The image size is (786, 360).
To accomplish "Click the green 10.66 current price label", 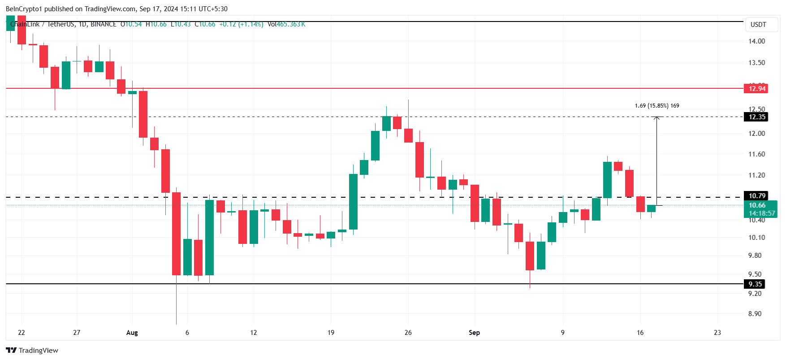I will (757, 205).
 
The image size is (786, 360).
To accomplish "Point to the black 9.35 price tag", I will (755, 284).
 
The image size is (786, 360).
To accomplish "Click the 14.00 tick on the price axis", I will (756, 41).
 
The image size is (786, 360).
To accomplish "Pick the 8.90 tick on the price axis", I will (755, 314).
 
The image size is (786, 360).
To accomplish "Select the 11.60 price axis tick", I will (756, 154).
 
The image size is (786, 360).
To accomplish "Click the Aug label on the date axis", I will (132, 333).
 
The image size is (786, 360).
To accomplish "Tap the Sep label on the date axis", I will (474, 333).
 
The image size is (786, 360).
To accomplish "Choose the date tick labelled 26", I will (408, 333).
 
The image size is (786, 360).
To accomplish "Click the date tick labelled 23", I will (717, 333).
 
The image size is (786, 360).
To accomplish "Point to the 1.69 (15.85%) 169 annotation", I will (657, 106).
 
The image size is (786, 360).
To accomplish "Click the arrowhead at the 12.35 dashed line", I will (657, 118).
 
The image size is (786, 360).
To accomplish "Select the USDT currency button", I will (758, 25).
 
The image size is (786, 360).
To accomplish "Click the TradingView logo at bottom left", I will (32, 351).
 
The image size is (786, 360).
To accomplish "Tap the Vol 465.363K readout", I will (286, 24).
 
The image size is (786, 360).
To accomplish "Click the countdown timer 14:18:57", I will (761, 213).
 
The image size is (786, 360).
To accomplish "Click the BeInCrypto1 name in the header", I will (24, 9).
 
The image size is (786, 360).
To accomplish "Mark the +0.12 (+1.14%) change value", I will (241, 24).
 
